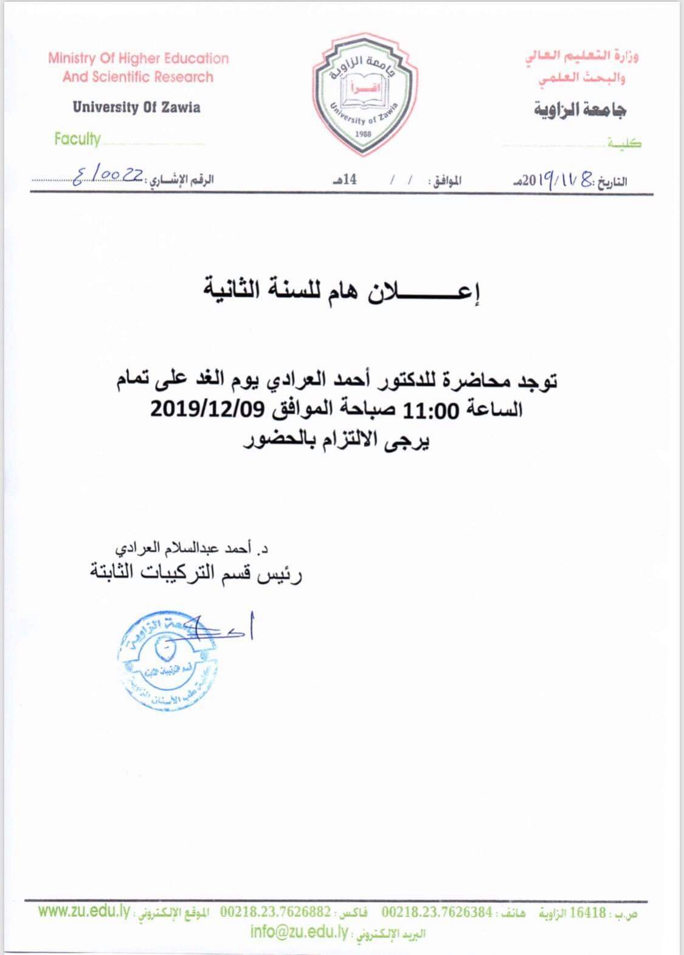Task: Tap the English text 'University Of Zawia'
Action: click(136, 108)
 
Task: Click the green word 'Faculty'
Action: click(77, 139)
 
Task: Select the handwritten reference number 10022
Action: click(108, 176)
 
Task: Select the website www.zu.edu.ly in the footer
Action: click(84, 912)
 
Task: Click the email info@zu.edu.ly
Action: click(297, 931)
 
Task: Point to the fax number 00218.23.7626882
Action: click(276, 912)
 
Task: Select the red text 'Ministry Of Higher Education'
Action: click(139, 59)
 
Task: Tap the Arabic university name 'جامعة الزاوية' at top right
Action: click(580, 109)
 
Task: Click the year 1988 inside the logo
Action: click(364, 134)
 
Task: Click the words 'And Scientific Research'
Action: click(138, 77)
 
